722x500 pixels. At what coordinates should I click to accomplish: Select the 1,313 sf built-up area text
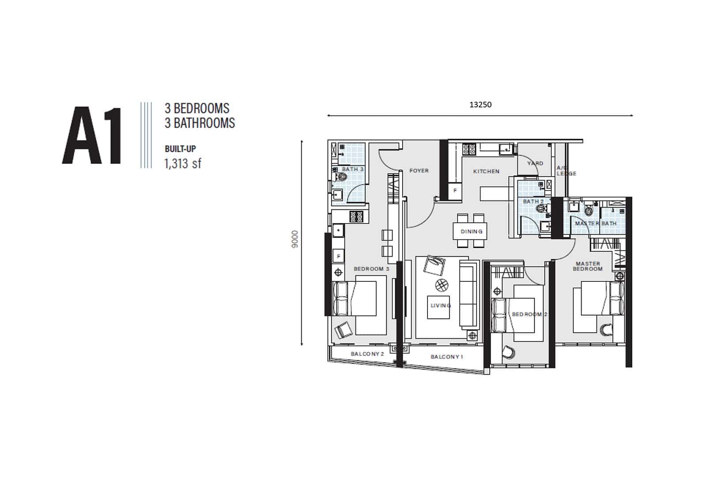point(183,163)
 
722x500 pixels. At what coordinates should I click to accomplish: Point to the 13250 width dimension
point(480,104)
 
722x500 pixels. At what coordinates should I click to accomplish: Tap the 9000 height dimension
point(295,239)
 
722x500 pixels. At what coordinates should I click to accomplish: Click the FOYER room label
point(419,170)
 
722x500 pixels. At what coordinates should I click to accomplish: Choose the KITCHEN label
point(486,171)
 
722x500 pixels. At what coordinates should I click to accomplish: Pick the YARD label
point(535,163)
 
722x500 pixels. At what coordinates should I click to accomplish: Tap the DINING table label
point(472,231)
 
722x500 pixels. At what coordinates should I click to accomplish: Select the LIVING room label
point(441,305)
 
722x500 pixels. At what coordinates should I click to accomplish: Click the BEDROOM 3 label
point(371,269)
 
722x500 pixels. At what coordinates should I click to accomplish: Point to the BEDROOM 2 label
point(529,314)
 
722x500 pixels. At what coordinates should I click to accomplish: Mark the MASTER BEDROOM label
point(588,266)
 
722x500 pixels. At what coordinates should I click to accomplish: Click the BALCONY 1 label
point(447,356)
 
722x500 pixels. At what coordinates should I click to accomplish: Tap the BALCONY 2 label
point(367,354)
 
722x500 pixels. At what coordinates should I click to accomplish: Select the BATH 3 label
point(353,169)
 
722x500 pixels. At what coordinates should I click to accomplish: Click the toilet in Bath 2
point(541,208)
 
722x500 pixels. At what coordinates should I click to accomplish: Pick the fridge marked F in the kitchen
point(455,190)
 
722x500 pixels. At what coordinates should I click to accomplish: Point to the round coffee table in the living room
point(442,285)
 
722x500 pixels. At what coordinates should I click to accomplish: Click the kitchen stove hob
point(469,149)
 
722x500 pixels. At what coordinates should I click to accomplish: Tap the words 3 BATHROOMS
point(200,123)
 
